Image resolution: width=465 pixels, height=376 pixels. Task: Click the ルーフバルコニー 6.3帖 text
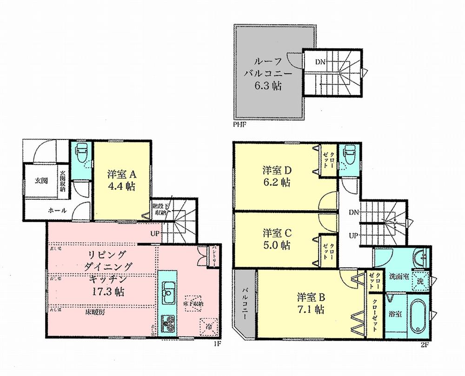point(266,73)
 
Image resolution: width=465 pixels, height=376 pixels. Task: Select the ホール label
point(57,211)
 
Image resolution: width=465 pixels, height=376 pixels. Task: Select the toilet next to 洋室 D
point(346,155)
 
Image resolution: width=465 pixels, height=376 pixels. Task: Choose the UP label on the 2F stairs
point(354,236)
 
